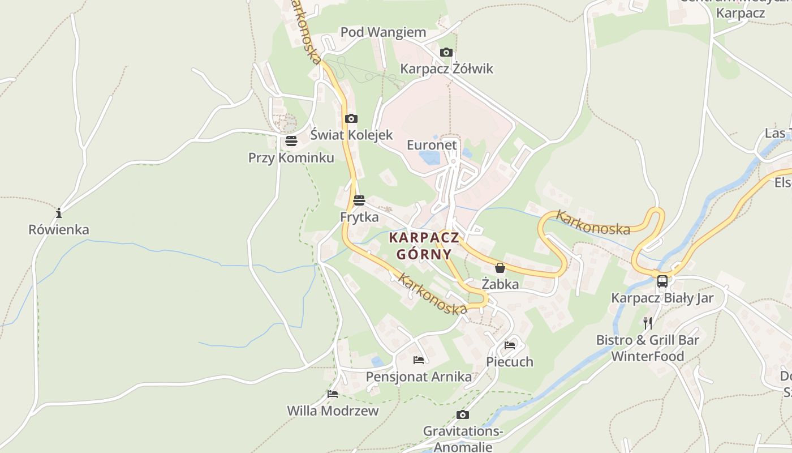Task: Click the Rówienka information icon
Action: (59, 213)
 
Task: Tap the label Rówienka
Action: (59, 230)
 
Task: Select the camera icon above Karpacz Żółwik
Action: (446, 53)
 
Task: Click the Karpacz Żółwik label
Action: (446, 69)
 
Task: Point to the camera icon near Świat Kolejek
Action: (351, 118)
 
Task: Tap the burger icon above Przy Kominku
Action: (291, 140)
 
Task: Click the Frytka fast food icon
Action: (359, 200)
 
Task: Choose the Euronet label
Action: (432, 145)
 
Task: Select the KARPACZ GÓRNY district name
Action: (424, 245)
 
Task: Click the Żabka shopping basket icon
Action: (500, 268)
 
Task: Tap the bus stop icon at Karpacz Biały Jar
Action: (662, 281)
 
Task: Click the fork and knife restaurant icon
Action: (648, 323)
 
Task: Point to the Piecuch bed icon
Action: (510, 345)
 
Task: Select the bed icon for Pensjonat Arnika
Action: (419, 360)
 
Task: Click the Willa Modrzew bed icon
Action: (333, 394)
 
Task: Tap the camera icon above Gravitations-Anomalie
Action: (462, 414)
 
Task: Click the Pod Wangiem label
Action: (382, 33)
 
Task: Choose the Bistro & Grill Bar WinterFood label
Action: (648, 348)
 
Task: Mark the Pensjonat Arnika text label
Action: (419, 377)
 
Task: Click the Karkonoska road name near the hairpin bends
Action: (593, 223)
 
